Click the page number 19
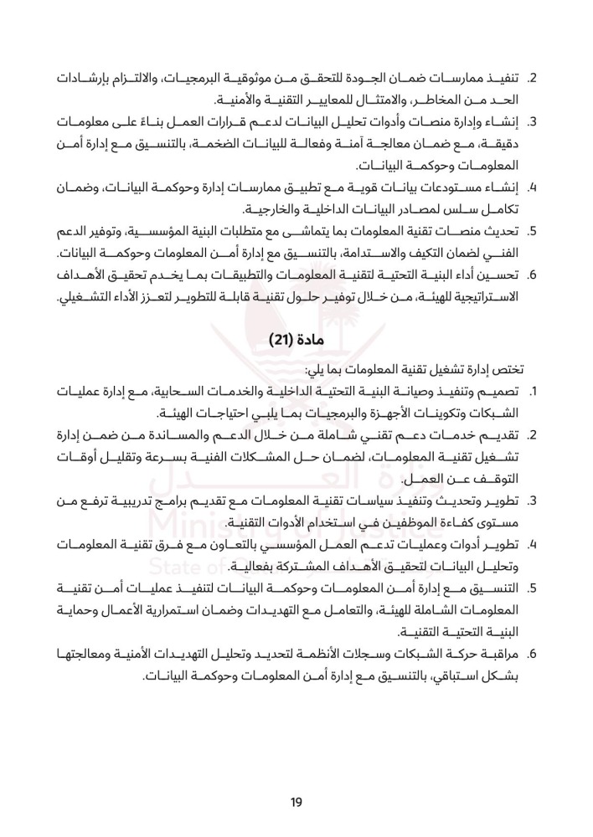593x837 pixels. (x=296, y=803)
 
